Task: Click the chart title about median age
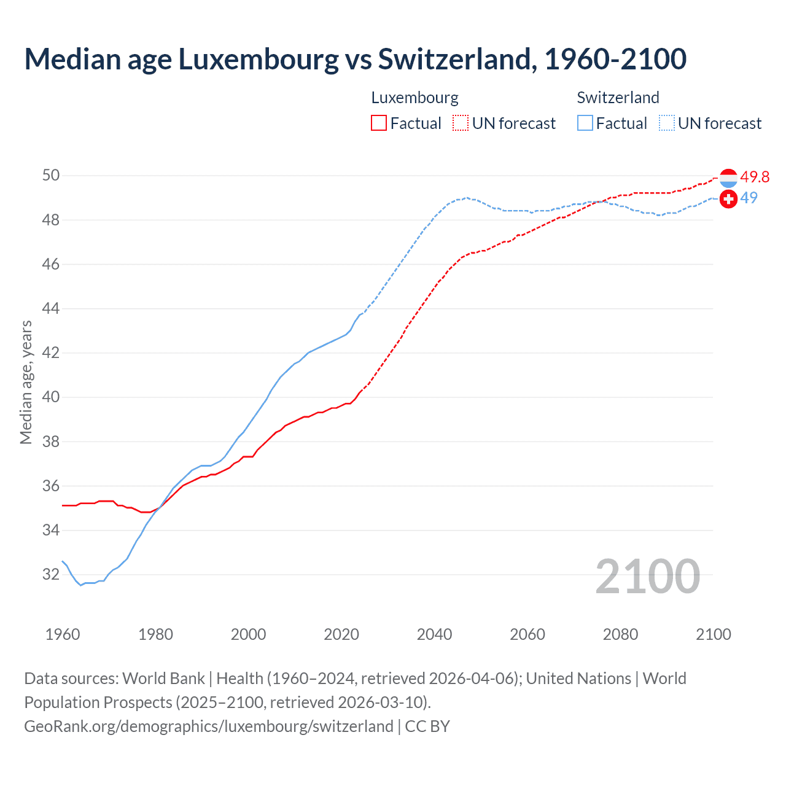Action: pos(355,59)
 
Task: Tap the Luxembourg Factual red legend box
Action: pos(379,123)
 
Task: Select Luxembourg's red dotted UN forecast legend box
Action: pos(461,123)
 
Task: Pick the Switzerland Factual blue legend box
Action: pos(585,123)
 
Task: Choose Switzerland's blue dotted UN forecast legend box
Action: pos(667,123)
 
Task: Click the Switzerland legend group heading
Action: pos(618,98)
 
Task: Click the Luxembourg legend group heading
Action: pos(414,98)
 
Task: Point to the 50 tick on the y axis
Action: pos(51,176)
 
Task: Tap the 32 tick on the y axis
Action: pos(51,575)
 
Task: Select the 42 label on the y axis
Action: pos(51,353)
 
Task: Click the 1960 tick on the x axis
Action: pos(63,634)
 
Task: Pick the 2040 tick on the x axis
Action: pos(435,634)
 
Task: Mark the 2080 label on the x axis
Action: pos(620,634)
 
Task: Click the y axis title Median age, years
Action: pos(26,382)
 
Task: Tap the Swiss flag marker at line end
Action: pos(728,199)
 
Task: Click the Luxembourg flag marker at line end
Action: pos(728,178)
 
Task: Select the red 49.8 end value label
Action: pos(755,177)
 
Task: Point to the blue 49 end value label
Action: pos(749,198)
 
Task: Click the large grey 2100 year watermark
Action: pos(647,577)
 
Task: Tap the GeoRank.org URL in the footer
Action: pos(209,726)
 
